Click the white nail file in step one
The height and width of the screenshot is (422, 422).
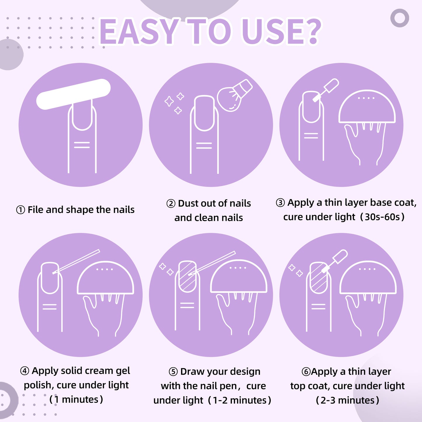(73, 94)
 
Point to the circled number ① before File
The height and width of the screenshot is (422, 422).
(20, 210)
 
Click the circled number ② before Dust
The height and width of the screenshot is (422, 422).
(171, 204)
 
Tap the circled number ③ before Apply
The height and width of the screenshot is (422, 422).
(280, 203)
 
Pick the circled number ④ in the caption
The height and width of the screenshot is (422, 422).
(25, 371)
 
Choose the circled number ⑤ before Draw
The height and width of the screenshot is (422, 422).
(173, 372)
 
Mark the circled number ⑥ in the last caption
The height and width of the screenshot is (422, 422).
(306, 372)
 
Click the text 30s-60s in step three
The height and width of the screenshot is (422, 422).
(382, 217)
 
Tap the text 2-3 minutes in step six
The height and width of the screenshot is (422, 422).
(348, 400)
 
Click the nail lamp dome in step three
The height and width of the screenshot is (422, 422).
(367, 107)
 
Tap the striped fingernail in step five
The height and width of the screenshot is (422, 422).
(187, 277)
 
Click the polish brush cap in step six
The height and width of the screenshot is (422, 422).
(340, 257)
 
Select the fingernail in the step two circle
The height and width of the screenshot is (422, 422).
(204, 113)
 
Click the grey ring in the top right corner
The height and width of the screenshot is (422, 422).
(400, 18)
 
